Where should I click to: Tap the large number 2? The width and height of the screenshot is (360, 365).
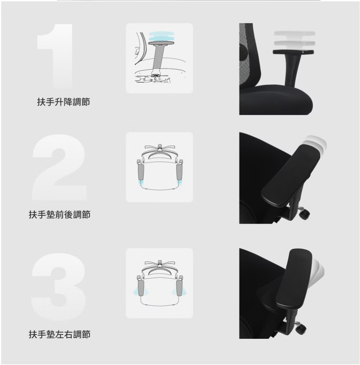(59, 167)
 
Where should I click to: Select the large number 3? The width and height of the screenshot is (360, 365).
(58, 287)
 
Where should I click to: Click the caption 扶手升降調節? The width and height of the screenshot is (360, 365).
(63, 102)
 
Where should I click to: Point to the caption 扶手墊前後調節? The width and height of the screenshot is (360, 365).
(59, 215)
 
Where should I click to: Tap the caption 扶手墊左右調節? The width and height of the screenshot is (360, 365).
(59, 334)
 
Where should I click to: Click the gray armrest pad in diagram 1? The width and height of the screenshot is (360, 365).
(161, 43)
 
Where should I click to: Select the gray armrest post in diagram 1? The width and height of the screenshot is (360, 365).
(158, 59)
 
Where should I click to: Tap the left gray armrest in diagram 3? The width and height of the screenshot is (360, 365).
(141, 288)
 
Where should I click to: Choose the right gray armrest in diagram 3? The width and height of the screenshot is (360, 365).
(179, 288)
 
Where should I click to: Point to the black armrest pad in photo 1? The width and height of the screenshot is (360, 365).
(293, 52)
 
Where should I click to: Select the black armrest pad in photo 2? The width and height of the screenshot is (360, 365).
(291, 175)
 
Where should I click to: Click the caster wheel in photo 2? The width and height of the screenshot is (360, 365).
(305, 214)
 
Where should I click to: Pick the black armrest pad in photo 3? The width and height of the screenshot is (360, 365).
(294, 279)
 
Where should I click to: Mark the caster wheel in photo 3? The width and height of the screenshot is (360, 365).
(301, 329)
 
